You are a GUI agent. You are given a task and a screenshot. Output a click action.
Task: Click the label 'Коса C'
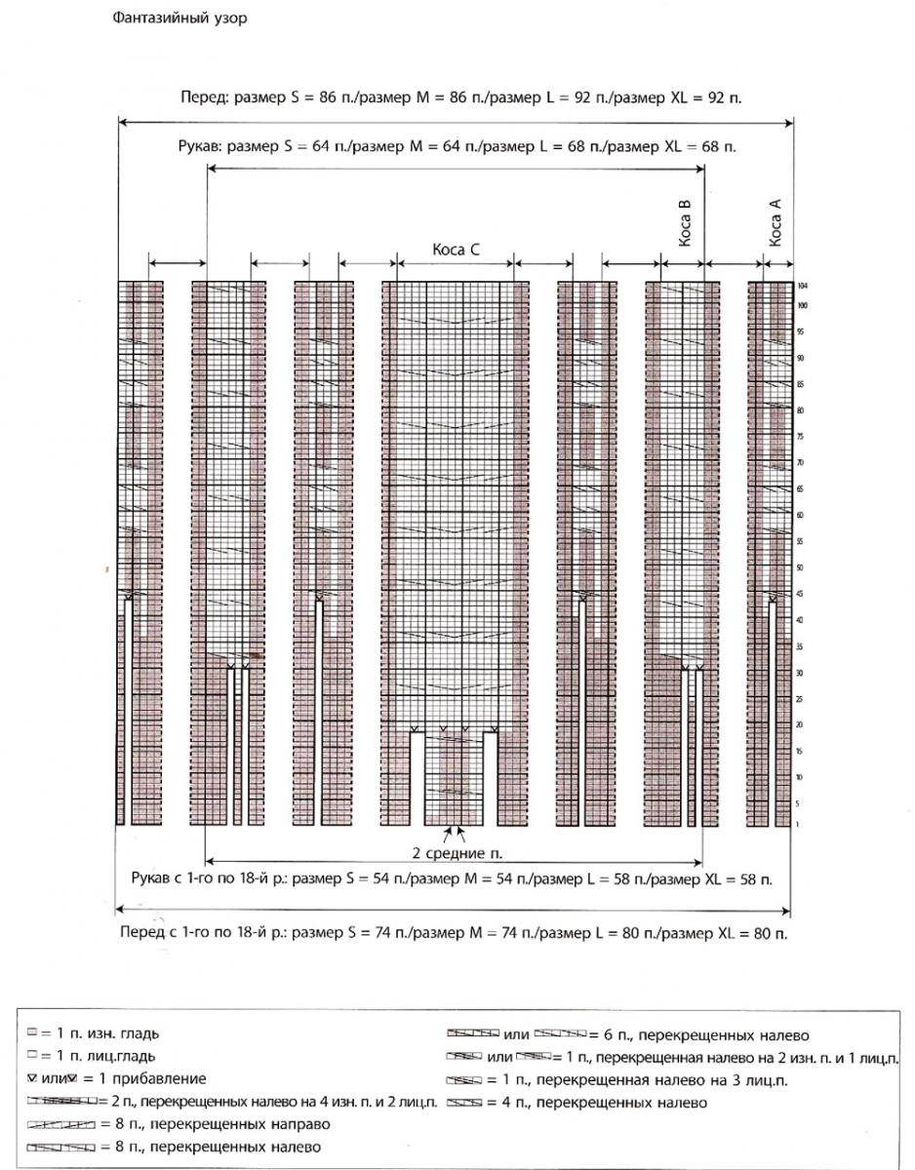tap(456, 250)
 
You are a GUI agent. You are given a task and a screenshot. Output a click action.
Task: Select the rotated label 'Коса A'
tap(776, 223)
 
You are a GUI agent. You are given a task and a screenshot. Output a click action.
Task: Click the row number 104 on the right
tap(802, 287)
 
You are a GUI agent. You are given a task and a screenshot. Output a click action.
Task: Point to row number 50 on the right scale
tap(800, 566)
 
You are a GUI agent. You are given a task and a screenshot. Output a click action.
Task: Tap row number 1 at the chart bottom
tap(799, 824)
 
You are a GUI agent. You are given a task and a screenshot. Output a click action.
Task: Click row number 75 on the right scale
tap(800, 436)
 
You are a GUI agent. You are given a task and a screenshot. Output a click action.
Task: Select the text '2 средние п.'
tap(456, 853)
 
